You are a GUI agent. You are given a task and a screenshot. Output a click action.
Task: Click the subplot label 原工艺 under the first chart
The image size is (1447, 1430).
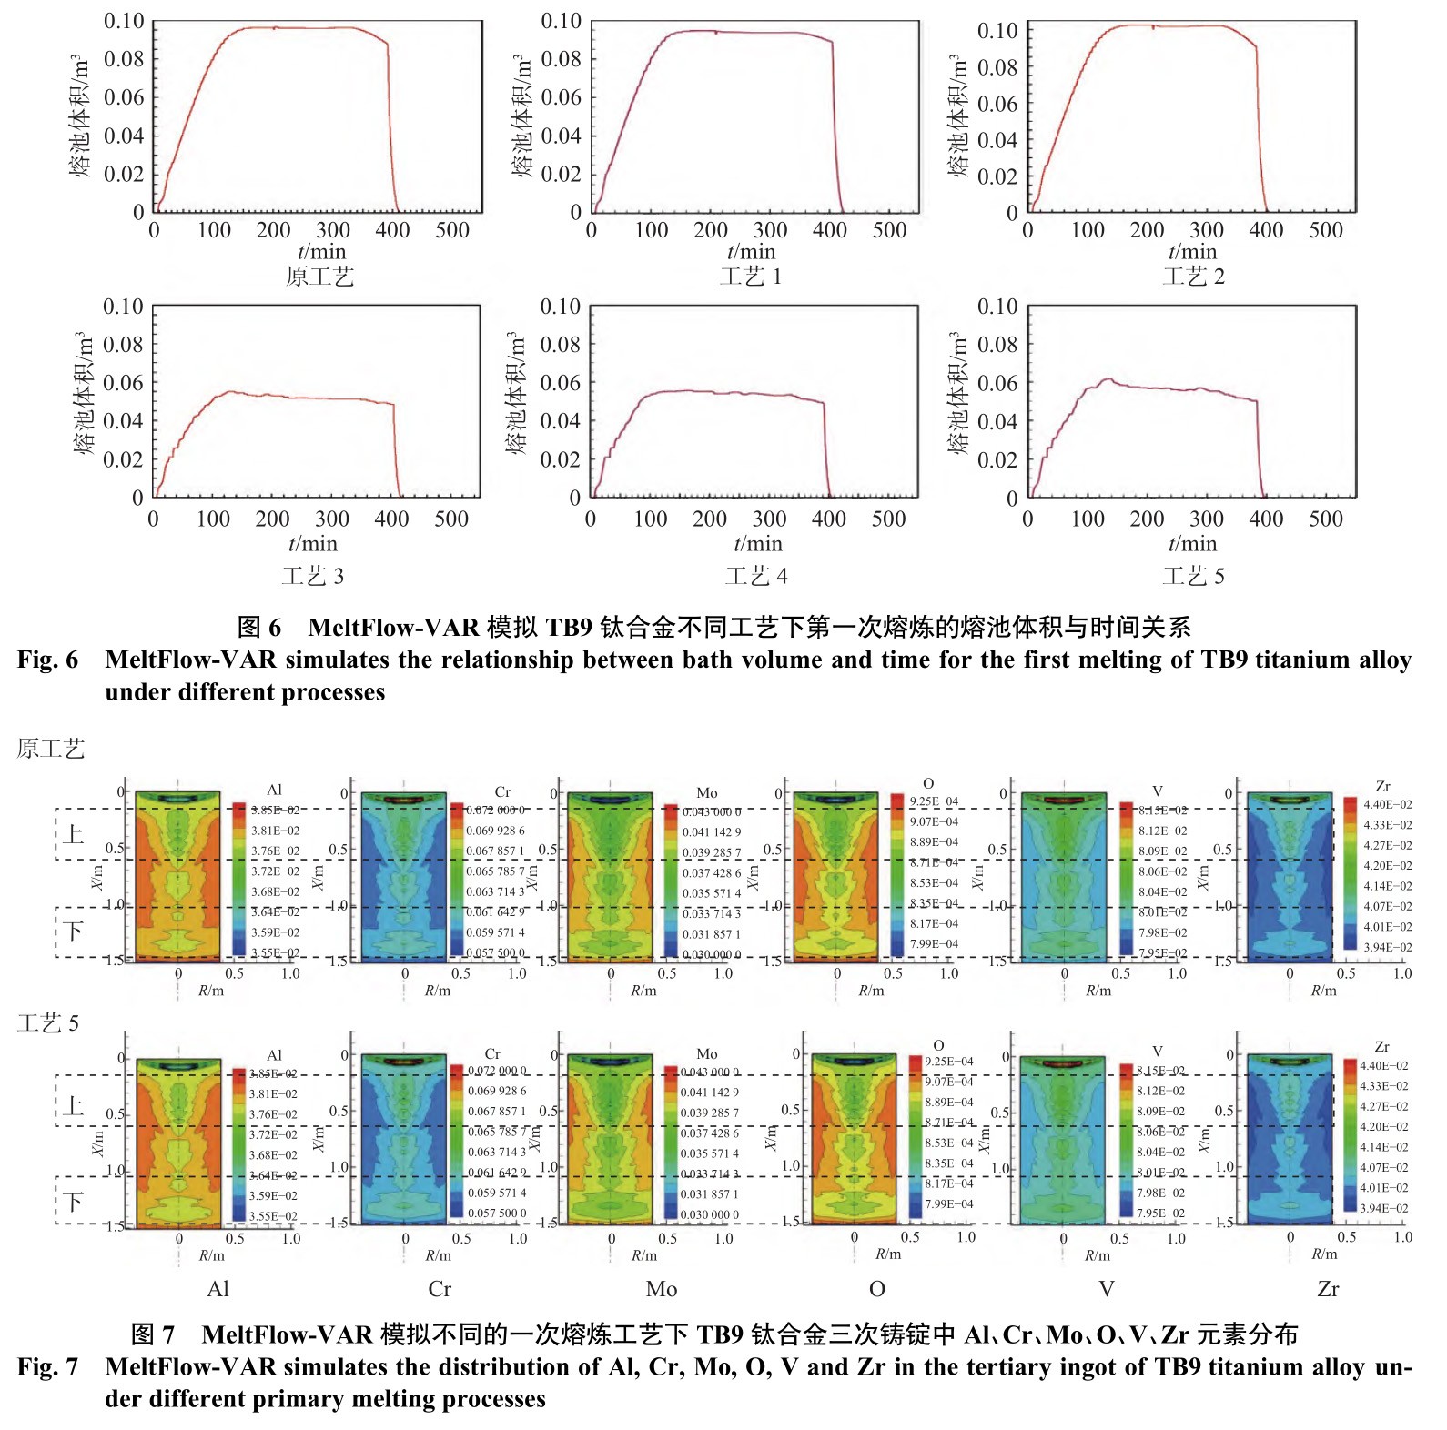pos(319,277)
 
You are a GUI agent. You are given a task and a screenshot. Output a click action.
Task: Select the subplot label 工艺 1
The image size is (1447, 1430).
pos(751,277)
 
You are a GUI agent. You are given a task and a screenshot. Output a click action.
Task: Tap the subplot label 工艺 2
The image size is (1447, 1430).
pos(1193,277)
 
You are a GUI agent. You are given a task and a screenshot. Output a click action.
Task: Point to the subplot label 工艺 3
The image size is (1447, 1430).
pos(312,576)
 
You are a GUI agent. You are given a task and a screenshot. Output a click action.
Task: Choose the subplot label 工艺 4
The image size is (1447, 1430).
pos(756,576)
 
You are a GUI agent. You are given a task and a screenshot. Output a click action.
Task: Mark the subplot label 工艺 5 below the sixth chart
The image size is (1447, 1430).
pos(1193,576)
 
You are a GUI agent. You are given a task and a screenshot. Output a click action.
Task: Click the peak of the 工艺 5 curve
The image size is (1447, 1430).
pos(1108,379)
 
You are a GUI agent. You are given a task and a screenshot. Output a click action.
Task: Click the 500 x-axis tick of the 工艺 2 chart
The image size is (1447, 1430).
pos(1326,231)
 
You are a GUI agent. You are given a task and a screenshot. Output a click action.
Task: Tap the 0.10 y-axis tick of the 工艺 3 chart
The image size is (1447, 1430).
pos(123,307)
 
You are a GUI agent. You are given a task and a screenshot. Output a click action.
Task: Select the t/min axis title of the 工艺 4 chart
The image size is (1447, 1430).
pos(758,544)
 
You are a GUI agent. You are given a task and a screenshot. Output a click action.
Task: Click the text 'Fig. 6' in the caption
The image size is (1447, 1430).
pos(47,660)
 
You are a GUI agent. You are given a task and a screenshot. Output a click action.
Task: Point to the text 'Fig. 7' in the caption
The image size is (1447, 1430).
pos(47,1366)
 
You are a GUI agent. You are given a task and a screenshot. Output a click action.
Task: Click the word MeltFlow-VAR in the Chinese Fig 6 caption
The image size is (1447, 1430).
pos(393,627)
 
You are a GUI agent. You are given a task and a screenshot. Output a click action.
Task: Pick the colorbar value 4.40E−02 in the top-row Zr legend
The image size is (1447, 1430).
pos(1387,805)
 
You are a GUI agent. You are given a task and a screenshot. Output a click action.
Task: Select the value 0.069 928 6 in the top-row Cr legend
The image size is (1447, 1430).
pos(495,831)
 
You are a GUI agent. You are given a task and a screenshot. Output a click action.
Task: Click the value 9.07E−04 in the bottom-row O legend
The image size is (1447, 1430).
pos(948,1082)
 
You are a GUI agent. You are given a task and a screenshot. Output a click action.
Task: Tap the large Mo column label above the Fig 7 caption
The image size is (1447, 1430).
pos(662,1289)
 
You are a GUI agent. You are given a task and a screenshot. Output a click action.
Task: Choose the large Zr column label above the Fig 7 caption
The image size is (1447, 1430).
pos(1328,1289)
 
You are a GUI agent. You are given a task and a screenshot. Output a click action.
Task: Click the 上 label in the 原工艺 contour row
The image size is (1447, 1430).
pos(74,834)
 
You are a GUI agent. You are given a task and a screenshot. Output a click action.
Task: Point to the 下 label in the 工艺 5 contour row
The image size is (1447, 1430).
pos(74,1203)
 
